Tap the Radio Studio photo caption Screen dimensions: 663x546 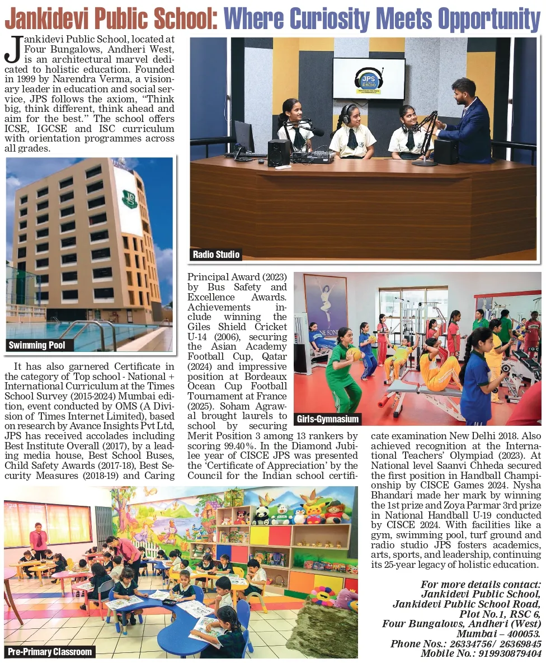tap(216, 255)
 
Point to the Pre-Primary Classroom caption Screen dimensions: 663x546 tap(50, 652)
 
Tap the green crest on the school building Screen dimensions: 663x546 tap(130, 199)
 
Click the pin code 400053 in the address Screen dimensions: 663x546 tap(522, 633)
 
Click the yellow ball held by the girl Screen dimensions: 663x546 tap(354, 354)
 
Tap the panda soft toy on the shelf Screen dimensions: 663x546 tap(261, 515)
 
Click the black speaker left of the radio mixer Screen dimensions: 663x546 tap(279, 152)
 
